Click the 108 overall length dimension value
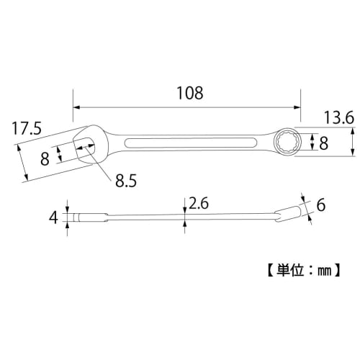coord(189,94)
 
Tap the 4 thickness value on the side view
coord(53,215)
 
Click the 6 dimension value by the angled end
coord(320,205)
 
